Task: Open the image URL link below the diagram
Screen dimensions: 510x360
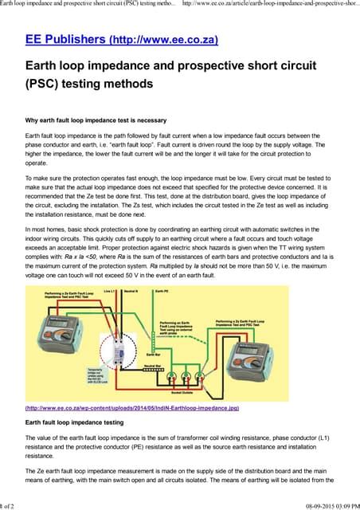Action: [x=131, y=409]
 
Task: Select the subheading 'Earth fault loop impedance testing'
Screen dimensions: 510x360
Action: [x=74, y=422]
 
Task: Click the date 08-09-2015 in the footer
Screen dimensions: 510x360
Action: [x=307, y=505]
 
